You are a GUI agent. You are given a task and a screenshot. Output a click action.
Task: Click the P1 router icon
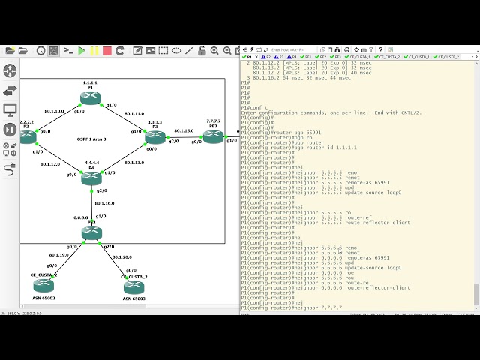click(x=90, y=97)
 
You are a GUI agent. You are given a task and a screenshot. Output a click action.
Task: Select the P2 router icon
click(x=28, y=136)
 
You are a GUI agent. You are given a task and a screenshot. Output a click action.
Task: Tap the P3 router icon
click(x=155, y=136)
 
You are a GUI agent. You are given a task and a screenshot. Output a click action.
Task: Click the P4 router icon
click(x=91, y=178)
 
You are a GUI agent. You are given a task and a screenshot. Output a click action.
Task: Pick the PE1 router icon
click(x=214, y=136)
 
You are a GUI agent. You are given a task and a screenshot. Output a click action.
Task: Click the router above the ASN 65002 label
click(x=43, y=285)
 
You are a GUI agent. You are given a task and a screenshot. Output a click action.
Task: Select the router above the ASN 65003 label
click(x=133, y=285)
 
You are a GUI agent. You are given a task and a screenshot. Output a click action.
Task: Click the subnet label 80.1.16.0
click(x=104, y=203)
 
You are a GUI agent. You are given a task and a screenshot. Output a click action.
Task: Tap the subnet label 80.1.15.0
click(x=184, y=130)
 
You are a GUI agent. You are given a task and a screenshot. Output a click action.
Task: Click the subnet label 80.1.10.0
click(x=54, y=111)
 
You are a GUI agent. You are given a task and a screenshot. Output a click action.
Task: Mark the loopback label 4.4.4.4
click(x=91, y=162)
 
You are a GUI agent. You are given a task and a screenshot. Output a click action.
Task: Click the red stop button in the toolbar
click(x=108, y=51)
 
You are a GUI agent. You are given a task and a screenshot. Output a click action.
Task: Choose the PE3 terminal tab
click(x=336, y=57)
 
